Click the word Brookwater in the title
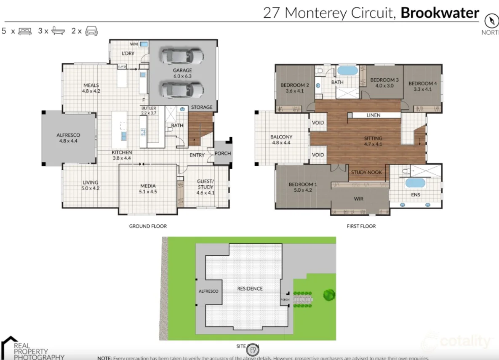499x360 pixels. coord(440,13)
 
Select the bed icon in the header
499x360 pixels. coord(25,31)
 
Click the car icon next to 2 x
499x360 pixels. coord(91,31)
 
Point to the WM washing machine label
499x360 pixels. coord(134,44)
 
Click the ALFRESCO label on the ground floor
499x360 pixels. coord(68,135)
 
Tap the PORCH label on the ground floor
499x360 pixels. coord(223,153)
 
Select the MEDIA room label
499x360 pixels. coord(148,186)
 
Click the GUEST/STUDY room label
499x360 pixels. coord(205,184)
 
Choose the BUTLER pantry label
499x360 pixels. coord(149,108)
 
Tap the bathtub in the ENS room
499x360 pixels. coord(415,183)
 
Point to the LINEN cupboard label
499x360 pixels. coord(373,115)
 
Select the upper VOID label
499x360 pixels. coord(318,123)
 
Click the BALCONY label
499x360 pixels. coord(281,137)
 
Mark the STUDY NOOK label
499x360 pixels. coord(366,172)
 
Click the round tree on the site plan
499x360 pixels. coord(329,295)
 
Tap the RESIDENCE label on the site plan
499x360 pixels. coord(250,288)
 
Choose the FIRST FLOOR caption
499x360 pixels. coord(361,226)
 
